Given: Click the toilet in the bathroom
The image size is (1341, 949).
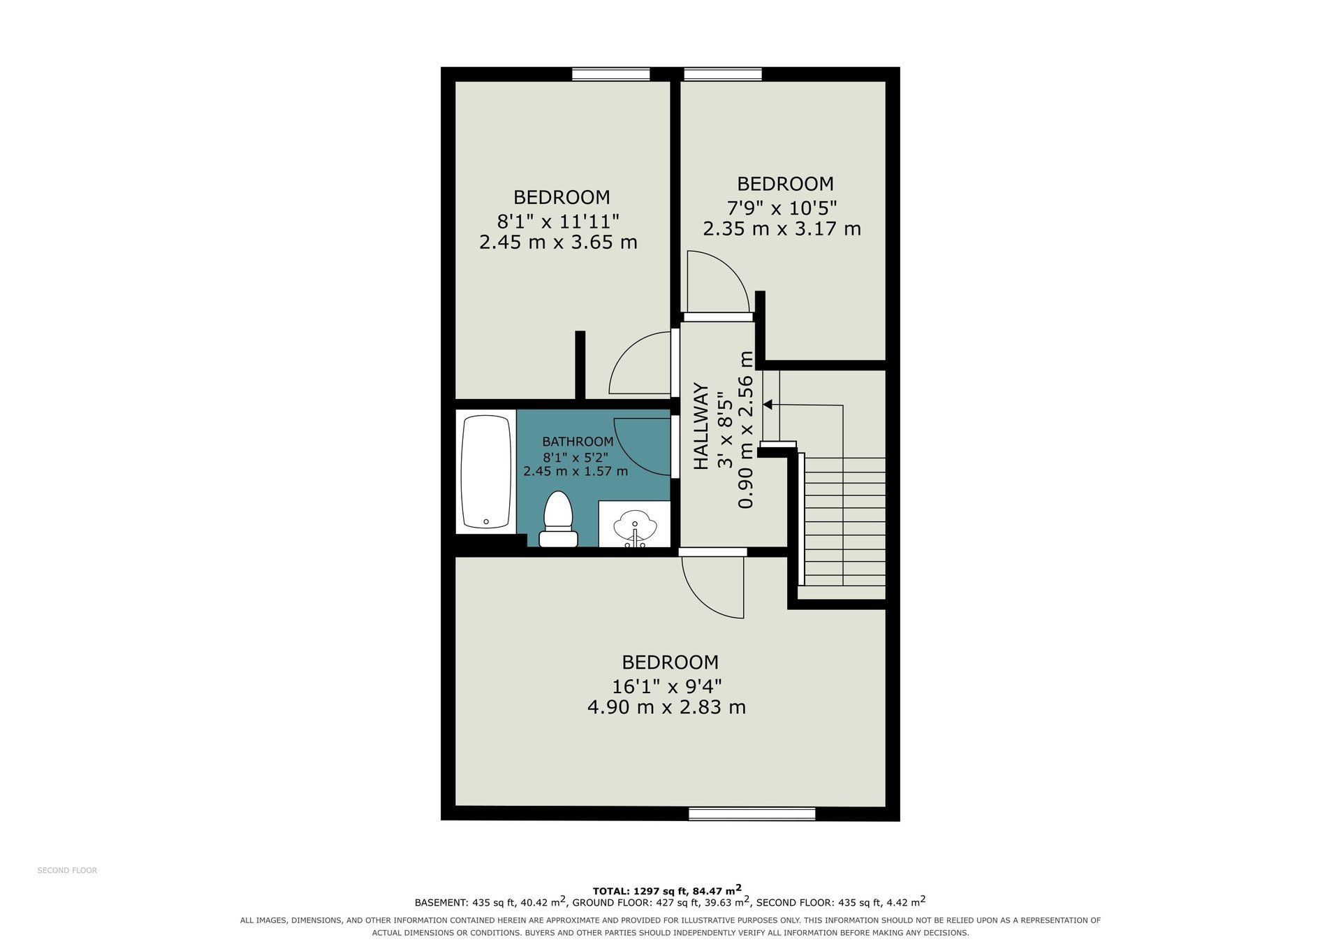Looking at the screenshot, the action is (x=558, y=519).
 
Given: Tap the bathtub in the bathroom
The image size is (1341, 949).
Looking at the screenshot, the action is (x=486, y=472).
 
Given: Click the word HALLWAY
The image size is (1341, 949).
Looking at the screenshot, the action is (x=701, y=426).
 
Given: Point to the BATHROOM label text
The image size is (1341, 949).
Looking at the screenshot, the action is (x=578, y=442).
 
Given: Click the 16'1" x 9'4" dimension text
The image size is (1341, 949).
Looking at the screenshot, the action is (x=667, y=685).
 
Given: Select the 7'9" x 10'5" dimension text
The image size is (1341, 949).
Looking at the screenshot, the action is (x=782, y=207).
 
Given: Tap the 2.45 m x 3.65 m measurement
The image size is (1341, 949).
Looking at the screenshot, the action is (x=558, y=242).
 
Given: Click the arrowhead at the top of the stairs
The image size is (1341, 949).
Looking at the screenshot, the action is (x=767, y=404).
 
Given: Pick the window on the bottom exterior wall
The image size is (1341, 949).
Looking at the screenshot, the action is (x=752, y=813).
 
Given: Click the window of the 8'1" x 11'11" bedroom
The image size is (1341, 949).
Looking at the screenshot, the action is (x=611, y=74).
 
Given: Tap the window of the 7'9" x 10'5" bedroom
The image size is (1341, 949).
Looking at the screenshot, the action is (x=723, y=74).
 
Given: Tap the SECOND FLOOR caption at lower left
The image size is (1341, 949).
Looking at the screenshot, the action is (x=67, y=870).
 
